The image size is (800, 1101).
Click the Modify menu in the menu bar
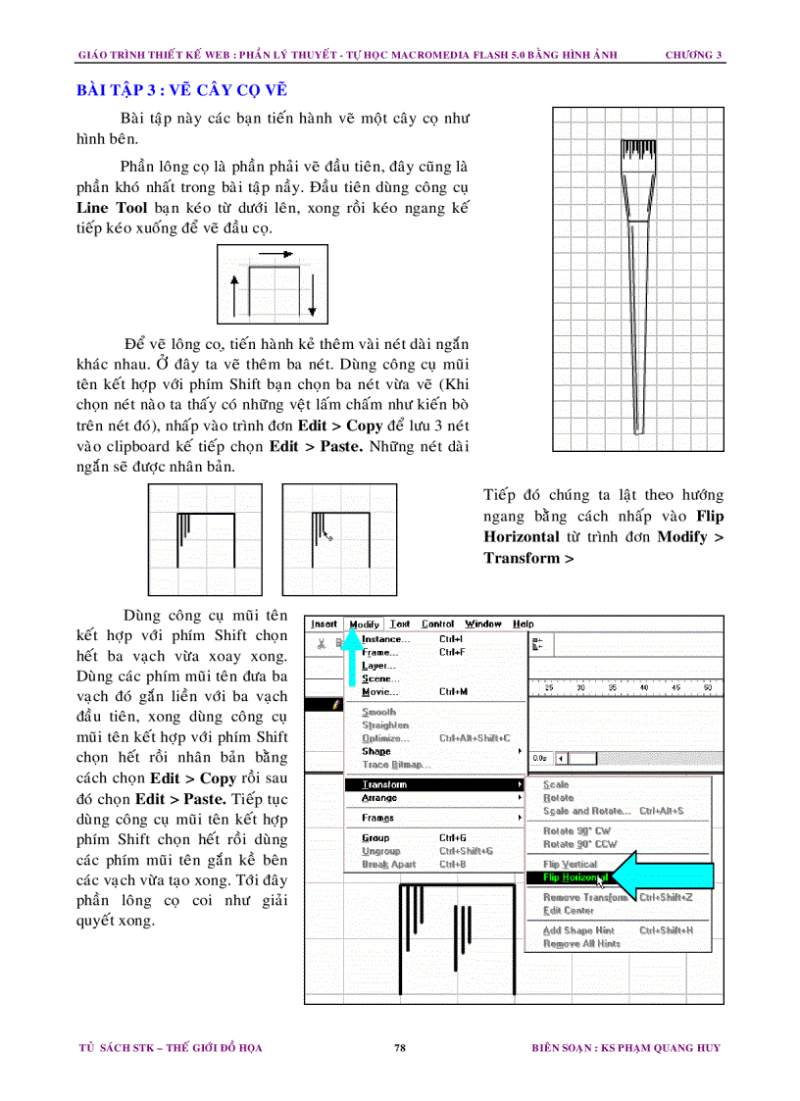click(x=364, y=625)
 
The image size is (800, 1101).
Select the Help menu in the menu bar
click(x=524, y=625)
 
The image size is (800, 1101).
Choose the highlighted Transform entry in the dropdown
click(x=384, y=784)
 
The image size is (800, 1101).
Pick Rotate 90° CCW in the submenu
click(x=579, y=844)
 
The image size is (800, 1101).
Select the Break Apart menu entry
click(x=388, y=865)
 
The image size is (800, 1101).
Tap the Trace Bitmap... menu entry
click(x=396, y=765)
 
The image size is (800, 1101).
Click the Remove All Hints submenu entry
click(x=581, y=944)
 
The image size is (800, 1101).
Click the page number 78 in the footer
click(x=400, y=1048)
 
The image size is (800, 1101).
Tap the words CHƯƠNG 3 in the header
click(x=693, y=54)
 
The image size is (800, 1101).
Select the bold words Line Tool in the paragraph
click(x=112, y=209)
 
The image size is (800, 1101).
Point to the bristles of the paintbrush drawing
click(x=637, y=155)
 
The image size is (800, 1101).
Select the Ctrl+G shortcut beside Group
click(x=452, y=838)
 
